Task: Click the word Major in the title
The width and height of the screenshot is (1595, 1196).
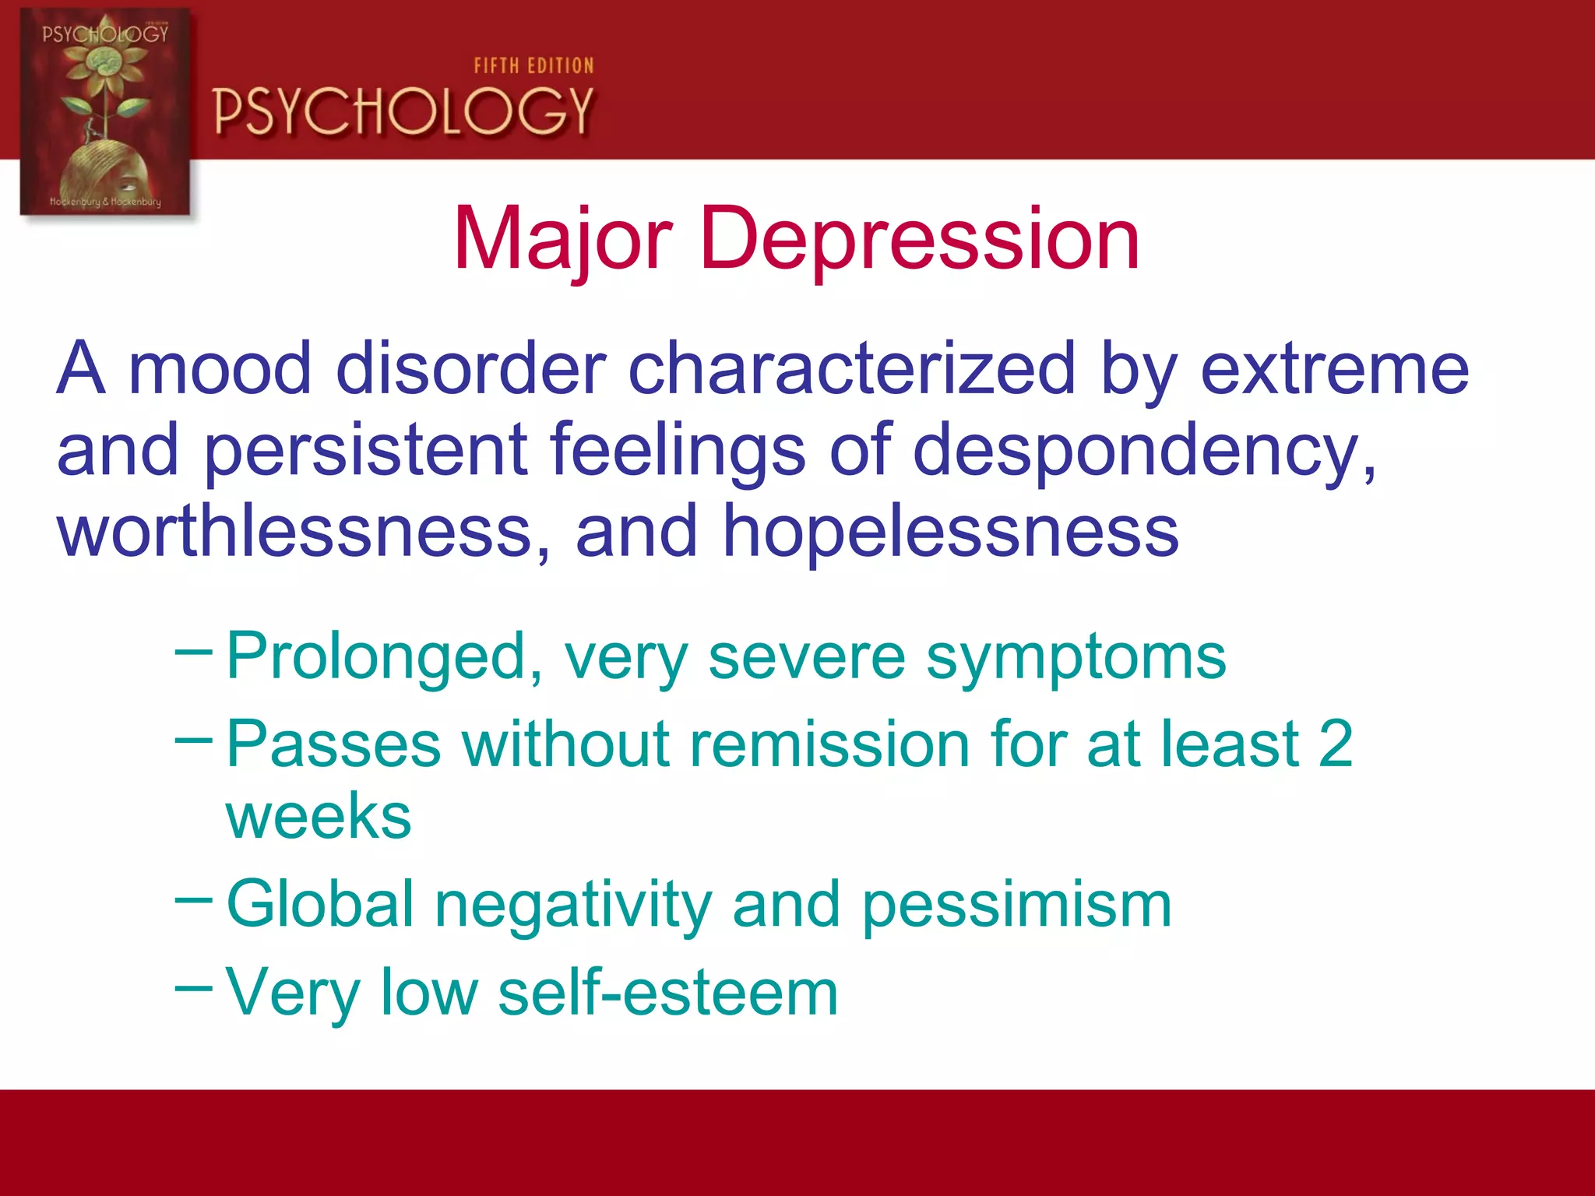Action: click(x=562, y=240)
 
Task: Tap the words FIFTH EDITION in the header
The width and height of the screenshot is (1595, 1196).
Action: click(x=533, y=66)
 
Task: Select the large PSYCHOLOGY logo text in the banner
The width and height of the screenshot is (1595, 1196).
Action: click(x=403, y=111)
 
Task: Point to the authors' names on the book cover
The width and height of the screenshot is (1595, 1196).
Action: click(x=105, y=202)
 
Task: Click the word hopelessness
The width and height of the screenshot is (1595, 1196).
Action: click(x=950, y=531)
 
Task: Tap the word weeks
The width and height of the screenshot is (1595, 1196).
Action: click(x=319, y=817)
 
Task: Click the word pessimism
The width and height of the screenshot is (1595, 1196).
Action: click(x=1016, y=905)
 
